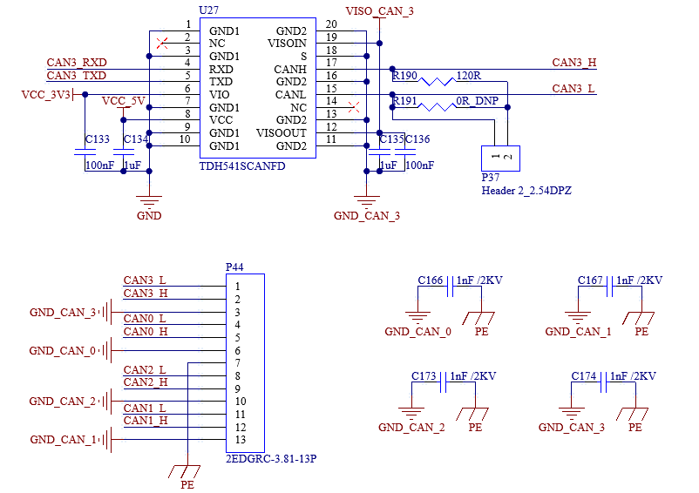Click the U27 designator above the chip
(208, 10)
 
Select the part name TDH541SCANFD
(242, 166)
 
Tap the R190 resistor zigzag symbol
(438, 82)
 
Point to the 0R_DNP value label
(477, 101)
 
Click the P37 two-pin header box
(500, 159)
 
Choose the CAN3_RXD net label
(77, 63)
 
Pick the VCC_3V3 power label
(46, 95)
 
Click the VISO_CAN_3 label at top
(379, 11)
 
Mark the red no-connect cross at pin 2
(162, 44)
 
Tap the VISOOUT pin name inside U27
(282, 133)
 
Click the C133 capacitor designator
(98, 139)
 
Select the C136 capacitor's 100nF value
(419, 165)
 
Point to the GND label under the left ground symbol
(149, 216)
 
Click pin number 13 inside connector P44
(241, 440)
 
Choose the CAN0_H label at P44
(146, 332)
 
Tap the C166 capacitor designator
(431, 280)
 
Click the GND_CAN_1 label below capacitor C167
(578, 332)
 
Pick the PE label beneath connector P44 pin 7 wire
(187, 484)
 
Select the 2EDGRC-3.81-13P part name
(271, 459)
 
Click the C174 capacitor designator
(584, 376)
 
